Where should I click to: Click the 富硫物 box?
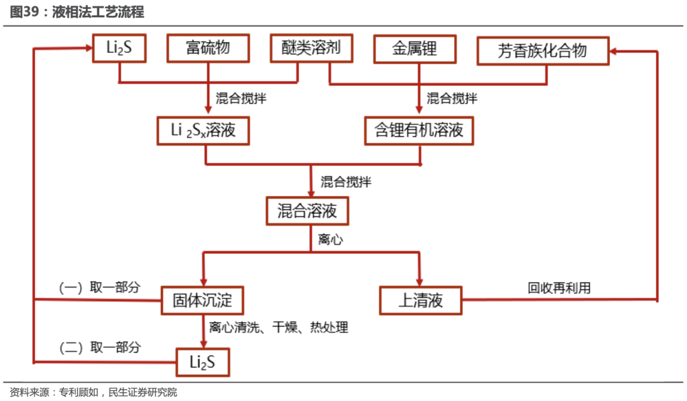(x=208, y=48)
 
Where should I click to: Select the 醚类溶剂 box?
(x=312, y=48)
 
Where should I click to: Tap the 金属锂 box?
(x=415, y=49)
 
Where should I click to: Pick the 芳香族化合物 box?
(x=543, y=51)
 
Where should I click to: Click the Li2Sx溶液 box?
(x=204, y=130)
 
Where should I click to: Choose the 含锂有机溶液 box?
(x=419, y=130)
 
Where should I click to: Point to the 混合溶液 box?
(x=308, y=211)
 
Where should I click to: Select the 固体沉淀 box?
(x=202, y=300)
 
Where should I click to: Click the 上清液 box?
(x=420, y=300)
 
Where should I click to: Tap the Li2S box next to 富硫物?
(x=119, y=48)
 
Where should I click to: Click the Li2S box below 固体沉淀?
(x=203, y=362)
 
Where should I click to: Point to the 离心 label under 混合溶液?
(x=331, y=239)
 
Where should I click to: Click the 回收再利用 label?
(x=559, y=288)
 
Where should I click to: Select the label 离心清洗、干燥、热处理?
(x=279, y=327)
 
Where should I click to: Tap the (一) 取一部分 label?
(x=100, y=288)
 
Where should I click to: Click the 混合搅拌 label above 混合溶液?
(x=346, y=182)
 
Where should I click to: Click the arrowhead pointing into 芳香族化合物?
(x=613, y=52)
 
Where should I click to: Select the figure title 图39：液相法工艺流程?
(x=77, y=12)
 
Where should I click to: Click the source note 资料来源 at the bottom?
(x=94, y=392)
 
